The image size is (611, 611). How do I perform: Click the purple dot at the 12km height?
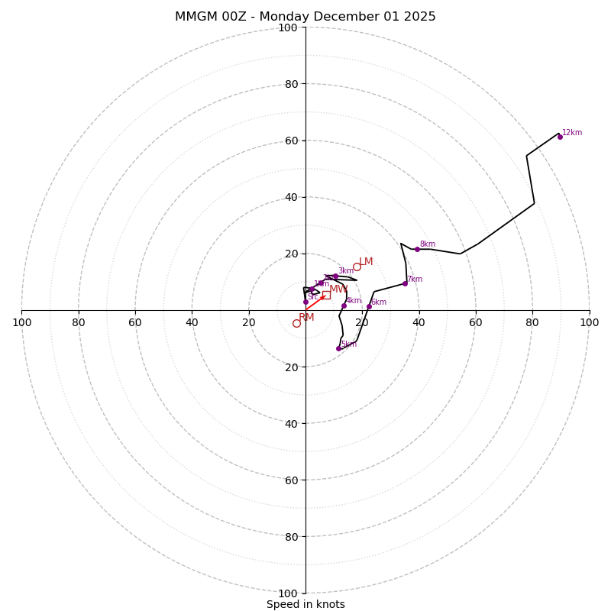click(560, 137)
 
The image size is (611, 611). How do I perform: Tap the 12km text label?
click(572, 133)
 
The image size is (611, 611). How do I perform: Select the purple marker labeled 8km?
click(417, 249)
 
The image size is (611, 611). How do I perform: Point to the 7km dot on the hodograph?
click(406, 284)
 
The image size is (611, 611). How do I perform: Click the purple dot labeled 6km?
click(369, 307)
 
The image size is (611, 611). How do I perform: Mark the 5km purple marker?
click(339, 348)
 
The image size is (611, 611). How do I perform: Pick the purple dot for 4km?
click(344, 305)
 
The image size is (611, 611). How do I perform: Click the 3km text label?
click(346, 271)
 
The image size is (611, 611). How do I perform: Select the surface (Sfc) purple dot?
click(305, 302)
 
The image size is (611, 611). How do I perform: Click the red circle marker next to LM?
click(357, 267)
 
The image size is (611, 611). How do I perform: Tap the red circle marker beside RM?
click(296, 323)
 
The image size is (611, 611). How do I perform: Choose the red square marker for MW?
click(326, 295)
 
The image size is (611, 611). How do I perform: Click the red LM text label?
click(367, 262)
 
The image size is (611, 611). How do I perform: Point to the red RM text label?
click(306, 318)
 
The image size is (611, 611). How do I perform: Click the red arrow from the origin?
click(315, 303)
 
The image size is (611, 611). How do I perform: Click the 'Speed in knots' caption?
click(305, 605)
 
